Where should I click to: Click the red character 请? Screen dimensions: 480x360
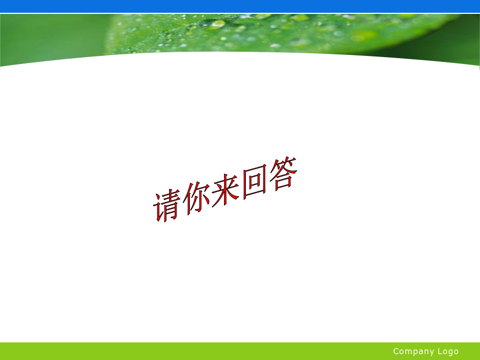(166, 206)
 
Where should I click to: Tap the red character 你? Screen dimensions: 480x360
(196, 198)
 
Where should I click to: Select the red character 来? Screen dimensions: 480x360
(225, 190)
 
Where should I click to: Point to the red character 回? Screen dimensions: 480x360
(255, 182)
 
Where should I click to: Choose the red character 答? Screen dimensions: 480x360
(284, 173)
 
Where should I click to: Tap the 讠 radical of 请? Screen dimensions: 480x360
(158, 207)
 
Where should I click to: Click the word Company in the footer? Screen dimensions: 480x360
(413, 351)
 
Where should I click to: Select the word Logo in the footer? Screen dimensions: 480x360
(448, 351)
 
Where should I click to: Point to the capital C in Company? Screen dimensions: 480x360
(396, 351)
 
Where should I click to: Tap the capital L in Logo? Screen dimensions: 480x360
(440, 351)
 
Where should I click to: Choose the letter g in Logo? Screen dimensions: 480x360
(450, 353)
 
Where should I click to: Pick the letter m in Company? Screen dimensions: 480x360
(410, 352)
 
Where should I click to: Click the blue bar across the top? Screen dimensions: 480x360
(240, 6)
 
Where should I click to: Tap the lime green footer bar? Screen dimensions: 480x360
(240, 351)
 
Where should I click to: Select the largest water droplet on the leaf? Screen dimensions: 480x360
(218, 24)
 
